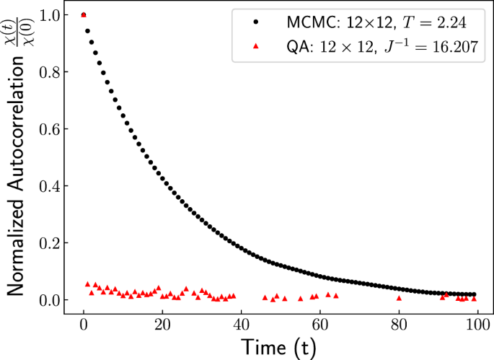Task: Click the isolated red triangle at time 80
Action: pos(399,298)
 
